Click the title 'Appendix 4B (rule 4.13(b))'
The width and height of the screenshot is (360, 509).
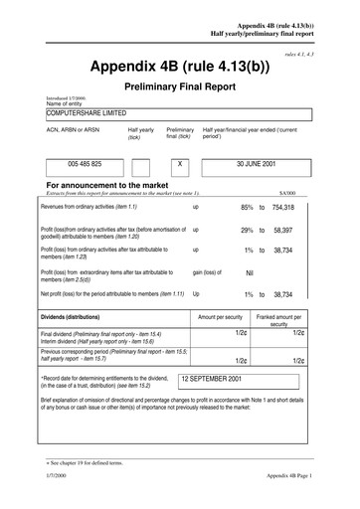coord(179,67)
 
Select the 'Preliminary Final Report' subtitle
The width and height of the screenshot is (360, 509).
coord(179,86)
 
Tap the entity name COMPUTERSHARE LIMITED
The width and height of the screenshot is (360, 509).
coord(92,114)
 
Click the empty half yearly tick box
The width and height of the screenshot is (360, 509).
coord(140,165)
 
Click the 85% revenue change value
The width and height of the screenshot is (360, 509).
coord(247,207)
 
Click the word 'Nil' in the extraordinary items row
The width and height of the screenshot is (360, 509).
coord(250,270)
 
